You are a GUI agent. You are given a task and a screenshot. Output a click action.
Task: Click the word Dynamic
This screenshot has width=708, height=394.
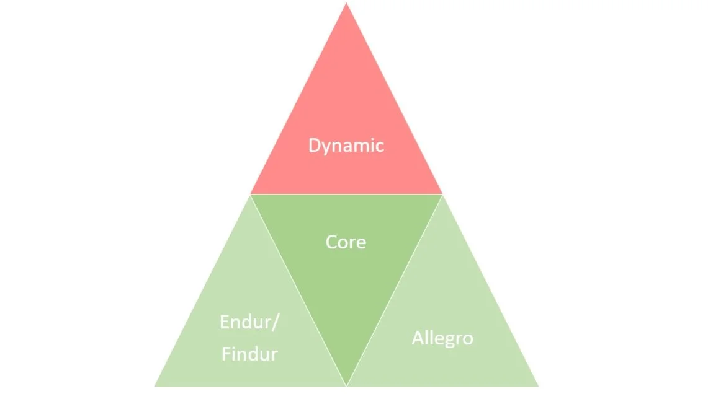[x=346, y=146]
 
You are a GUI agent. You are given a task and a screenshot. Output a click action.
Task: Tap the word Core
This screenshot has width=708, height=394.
[x=346, y=242]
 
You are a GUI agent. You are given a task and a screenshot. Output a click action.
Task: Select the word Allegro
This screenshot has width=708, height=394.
[x=442, y=338]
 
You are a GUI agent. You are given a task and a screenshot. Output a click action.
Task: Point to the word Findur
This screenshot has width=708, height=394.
[x=249, y=354]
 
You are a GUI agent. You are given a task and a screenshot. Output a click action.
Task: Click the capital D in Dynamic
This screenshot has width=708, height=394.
[x=314, y=146]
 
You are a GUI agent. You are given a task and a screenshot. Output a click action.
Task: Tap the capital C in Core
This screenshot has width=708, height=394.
[x=331, y=242]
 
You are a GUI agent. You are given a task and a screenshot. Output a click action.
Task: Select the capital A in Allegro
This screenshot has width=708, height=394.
[x=417, y=338]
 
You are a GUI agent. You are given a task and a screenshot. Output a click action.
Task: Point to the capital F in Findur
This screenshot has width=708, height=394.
[x=226, y=354]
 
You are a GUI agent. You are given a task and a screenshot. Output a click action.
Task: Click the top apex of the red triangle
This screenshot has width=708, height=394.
[x=346, y=4]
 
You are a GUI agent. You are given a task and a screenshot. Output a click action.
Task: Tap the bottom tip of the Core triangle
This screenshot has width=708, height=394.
[x=346, y=385]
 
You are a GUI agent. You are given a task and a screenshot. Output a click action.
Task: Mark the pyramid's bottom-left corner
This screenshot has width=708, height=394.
[x=155, y=385]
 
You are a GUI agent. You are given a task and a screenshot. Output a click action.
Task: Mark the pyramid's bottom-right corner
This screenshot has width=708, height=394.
[x=537, y=385]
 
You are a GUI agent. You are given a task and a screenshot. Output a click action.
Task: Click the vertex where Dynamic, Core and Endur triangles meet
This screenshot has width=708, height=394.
[x=251, y=195]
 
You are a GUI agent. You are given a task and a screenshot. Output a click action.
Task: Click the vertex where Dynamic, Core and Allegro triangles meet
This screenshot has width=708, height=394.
[x=442, y=195]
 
